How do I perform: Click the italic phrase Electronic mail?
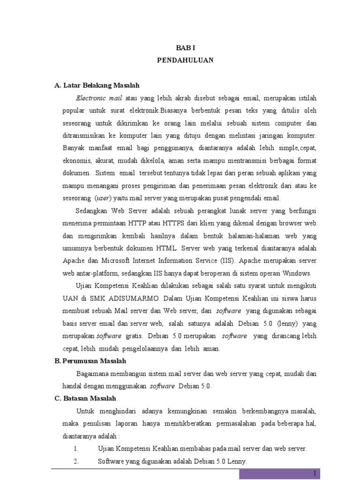point(99,98)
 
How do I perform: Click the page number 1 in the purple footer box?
point(315,473)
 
